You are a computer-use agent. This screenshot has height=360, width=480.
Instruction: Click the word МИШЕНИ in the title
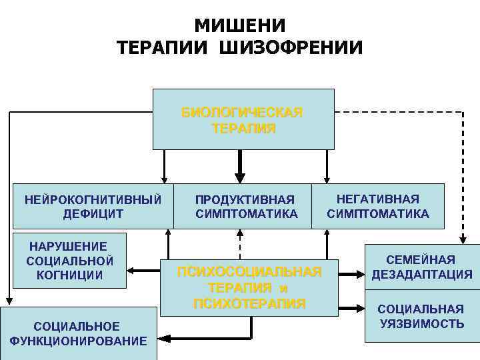240,25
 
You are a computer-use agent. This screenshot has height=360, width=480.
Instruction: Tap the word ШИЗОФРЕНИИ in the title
297,48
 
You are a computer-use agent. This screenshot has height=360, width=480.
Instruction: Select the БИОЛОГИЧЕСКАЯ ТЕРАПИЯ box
243,119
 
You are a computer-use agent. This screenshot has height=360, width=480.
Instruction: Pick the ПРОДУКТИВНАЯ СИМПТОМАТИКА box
245,207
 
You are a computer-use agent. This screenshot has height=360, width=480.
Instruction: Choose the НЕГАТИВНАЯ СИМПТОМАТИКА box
377,206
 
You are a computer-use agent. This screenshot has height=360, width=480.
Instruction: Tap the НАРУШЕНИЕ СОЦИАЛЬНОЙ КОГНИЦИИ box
70,259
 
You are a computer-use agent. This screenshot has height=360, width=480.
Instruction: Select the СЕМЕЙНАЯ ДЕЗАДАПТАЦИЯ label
422,267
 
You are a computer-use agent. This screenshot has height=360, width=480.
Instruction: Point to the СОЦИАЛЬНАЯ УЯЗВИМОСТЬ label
422,316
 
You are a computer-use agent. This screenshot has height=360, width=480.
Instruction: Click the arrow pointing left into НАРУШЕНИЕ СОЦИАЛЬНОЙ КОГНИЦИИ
143,271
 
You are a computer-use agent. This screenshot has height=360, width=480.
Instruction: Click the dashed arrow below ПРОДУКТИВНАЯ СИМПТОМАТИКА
240,243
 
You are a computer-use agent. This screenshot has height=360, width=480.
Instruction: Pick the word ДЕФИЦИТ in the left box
93,214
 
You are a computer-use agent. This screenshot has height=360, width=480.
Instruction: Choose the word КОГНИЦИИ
70,274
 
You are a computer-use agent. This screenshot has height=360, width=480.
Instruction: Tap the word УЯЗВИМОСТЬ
422,323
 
